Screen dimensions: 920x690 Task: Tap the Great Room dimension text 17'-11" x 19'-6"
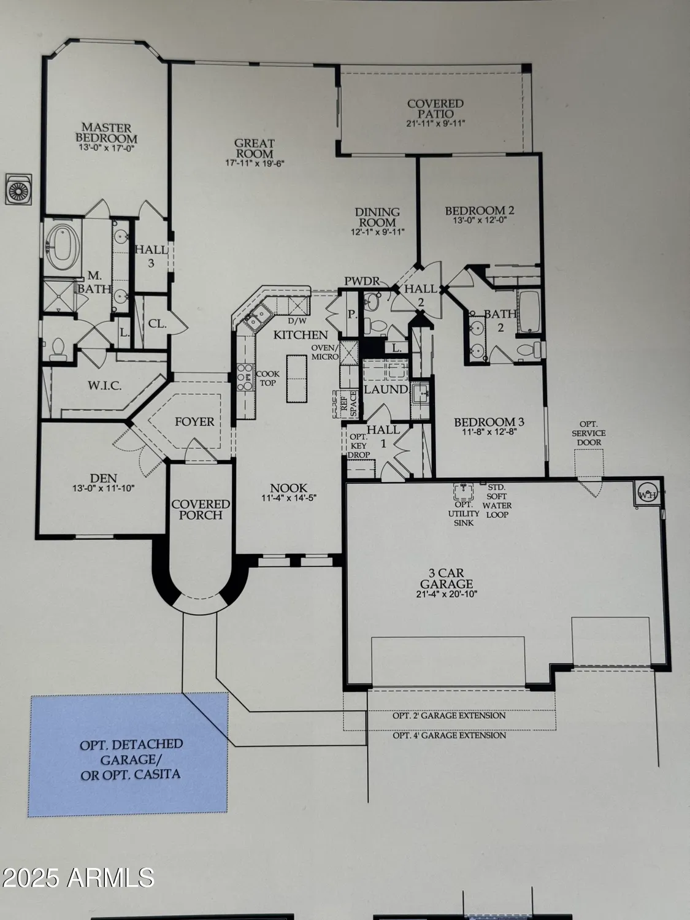tap(255, 163)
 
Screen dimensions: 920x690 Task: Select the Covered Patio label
tap(435, 109)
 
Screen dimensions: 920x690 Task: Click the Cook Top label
tap(268, 378)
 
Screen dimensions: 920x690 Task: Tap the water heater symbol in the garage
tap(647, 494)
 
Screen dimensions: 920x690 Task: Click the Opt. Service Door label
tap(588, 433)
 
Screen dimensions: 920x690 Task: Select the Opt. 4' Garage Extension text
tap(450, 735)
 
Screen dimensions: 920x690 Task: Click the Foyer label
tap(194, 422)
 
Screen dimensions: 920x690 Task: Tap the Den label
tap(103, 478)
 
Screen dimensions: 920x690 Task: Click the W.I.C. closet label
tap(104, 386)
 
